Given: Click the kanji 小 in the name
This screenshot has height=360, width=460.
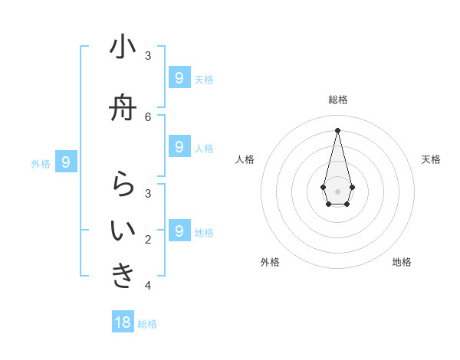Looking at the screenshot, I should pos(123,47).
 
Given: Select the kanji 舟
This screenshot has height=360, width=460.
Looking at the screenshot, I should pos(123,110).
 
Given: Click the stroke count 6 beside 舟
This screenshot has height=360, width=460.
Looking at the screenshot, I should pos(148,116).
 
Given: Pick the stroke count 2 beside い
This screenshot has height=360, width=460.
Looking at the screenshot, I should pos(148,240).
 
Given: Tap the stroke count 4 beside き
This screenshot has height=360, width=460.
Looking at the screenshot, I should pos(148,286).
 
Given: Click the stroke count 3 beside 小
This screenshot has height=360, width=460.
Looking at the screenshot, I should pos(148,55).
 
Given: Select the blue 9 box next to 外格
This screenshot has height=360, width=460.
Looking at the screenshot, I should pos(67,162).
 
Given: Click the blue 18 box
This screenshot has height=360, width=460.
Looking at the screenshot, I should pos(123,322).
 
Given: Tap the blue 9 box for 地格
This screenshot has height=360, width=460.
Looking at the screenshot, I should pos(179,231).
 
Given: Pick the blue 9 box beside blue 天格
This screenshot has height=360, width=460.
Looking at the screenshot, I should pos(179,77).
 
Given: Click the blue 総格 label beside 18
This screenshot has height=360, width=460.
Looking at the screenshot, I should pos(148,324).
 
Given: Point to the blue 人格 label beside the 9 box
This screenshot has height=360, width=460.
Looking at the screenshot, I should pos(204,148).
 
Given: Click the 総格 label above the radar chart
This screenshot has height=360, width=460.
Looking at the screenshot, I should pos(338,100).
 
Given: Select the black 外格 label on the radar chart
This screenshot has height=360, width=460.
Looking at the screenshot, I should pos(270,262).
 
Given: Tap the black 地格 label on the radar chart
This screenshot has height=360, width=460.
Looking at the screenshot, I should pos(402,262).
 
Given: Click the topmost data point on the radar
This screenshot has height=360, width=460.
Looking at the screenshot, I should pos(337,129).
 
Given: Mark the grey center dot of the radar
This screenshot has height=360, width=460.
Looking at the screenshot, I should pos(337,191).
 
